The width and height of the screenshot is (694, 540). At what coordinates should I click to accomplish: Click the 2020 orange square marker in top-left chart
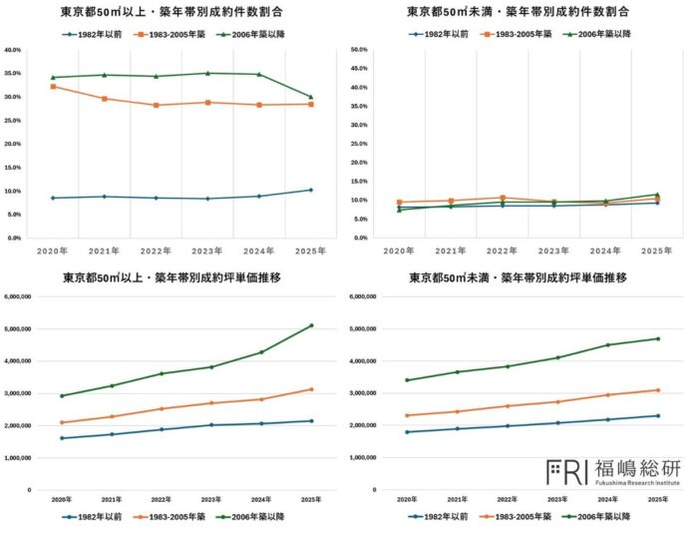click(x=53, y=87)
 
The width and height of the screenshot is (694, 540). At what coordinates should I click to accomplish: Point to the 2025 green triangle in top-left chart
click(x=311, y=97)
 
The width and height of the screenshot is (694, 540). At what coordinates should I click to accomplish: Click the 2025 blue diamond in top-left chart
click(x=311, y=190)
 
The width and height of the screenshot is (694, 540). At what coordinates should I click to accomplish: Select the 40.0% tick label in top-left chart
click(x=14, y=50)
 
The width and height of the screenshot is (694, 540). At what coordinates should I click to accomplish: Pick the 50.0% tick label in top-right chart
click(x=359, y=50)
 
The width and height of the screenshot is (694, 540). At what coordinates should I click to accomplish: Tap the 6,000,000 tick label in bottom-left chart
click(x=20, y=296)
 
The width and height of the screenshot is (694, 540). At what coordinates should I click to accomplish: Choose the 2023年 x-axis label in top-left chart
click(x=207, y=251)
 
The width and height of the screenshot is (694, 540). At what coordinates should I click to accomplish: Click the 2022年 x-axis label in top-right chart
click(x=503, y=251)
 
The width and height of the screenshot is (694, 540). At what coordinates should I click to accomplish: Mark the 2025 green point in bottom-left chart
click(x=311, y=325)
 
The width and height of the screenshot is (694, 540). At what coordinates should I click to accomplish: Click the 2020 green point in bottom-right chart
click(x=407, y=380)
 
